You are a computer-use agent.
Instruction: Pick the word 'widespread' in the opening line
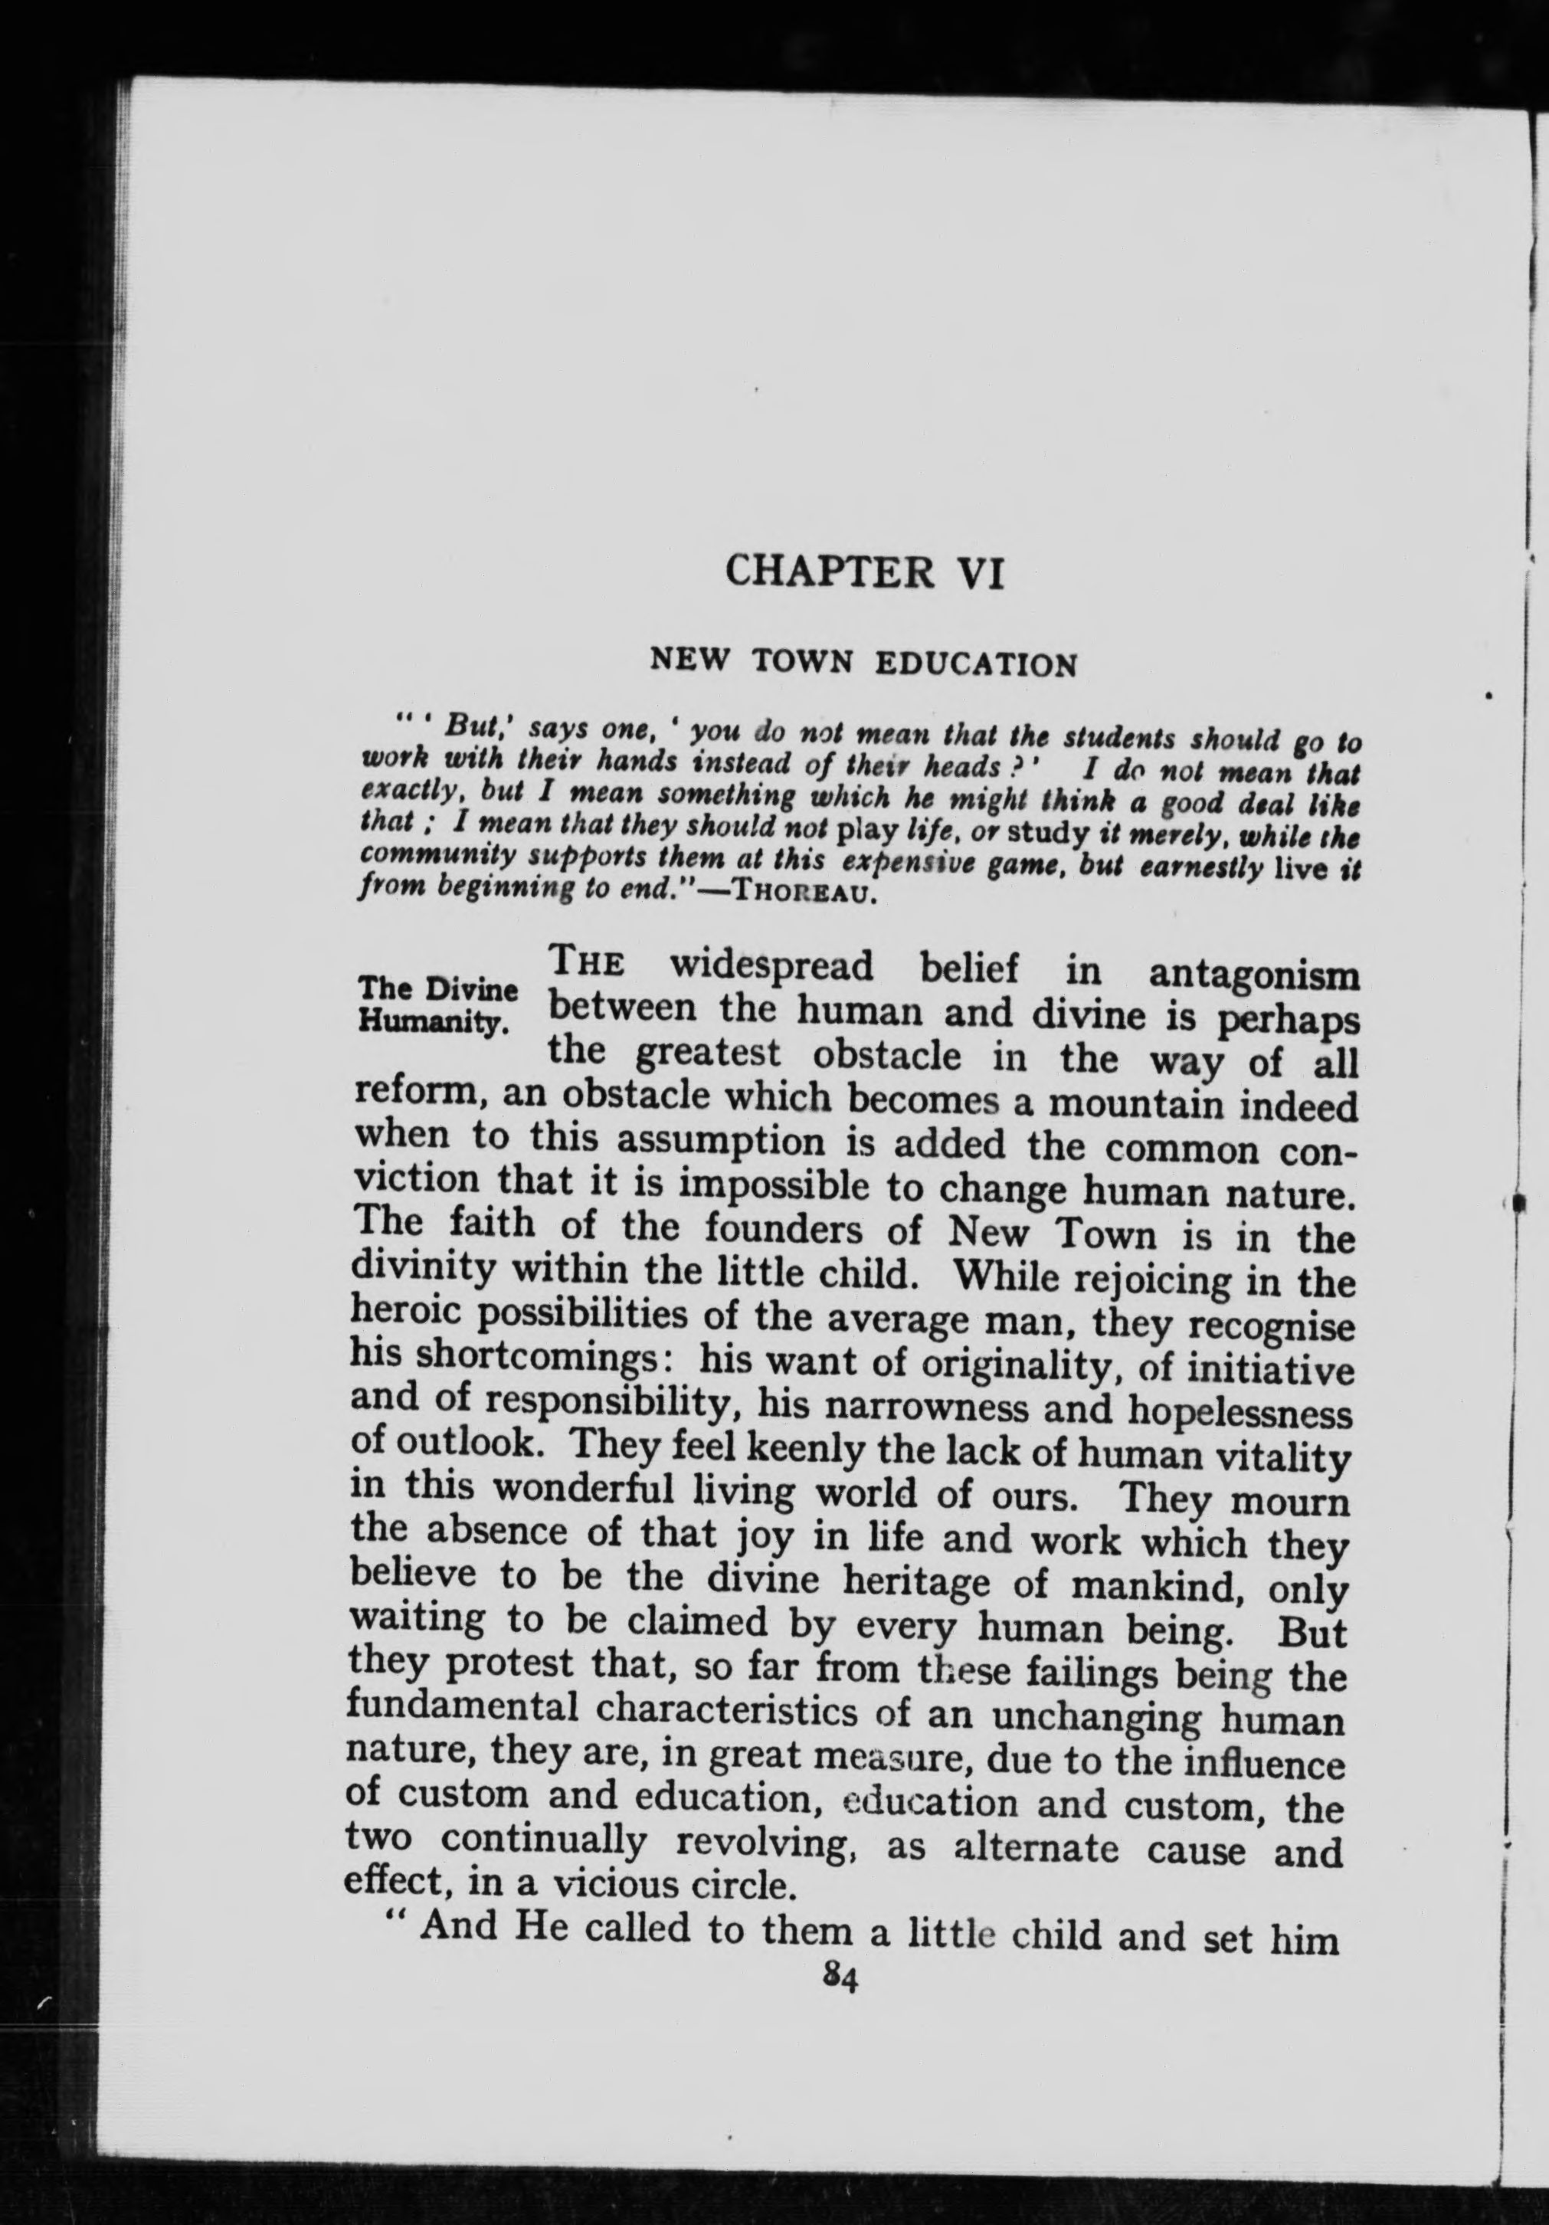pyautogui.click(x=771, y=966)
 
